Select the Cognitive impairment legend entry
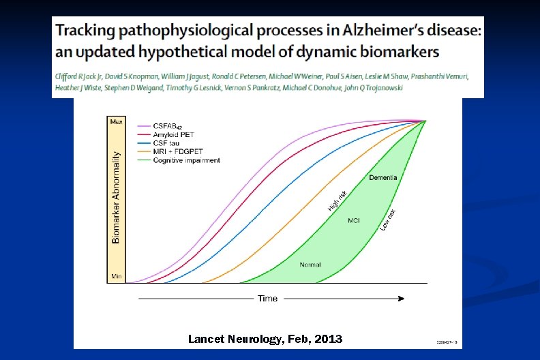pyautogui.click(x=186, y=160)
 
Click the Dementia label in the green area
pyautogui.click(x=383, y=178)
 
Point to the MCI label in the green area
pyautogui.click(x=354, y=220)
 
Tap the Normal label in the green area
pyautogui.click(x=310, y=265)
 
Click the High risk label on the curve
pyautogui.click(x=337, y=200)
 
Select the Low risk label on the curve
pyautogui.click(x=388, y=220)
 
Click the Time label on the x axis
pyautogui.click(x=267, y=299)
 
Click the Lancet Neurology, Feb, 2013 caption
pyautogui.click(x=265, y=340)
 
